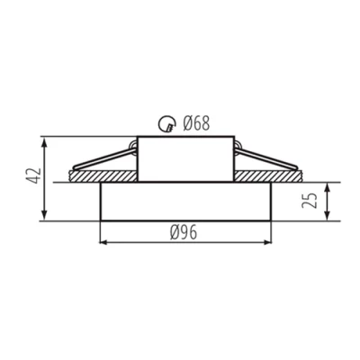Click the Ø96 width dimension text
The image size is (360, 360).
coord(184,231)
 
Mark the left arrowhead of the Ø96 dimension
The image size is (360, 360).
coord(101,242)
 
